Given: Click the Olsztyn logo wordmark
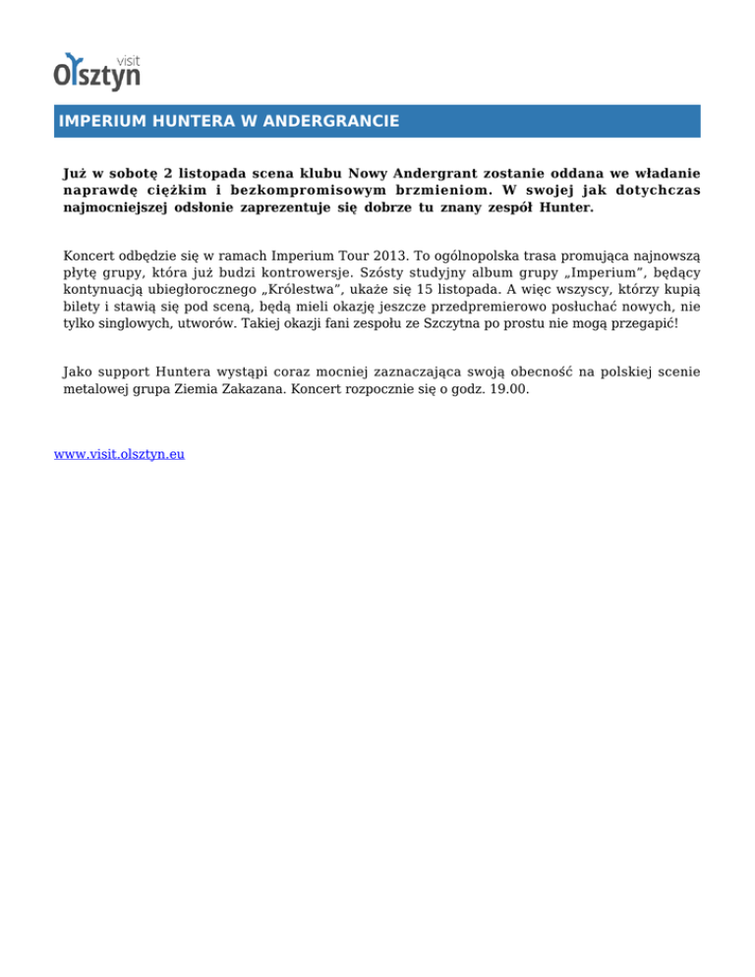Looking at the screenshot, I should tap(96, 75).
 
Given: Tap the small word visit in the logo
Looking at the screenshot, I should tap(128, 58).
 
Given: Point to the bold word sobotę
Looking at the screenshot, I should tap(132, 172).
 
